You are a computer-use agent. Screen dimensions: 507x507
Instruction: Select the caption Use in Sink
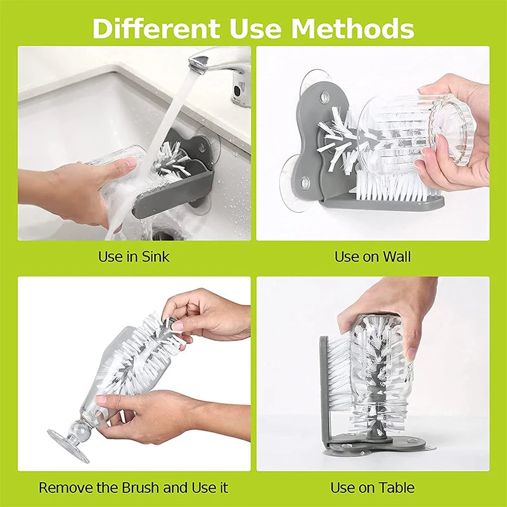134,257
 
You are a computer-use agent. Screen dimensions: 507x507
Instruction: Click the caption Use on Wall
373,257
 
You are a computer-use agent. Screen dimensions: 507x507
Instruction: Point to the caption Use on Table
373,488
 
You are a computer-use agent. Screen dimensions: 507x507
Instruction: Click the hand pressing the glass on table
393,311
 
